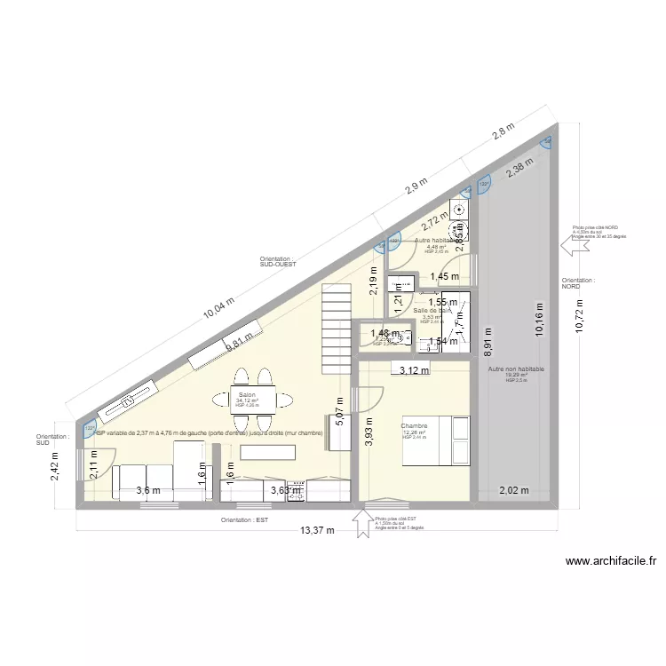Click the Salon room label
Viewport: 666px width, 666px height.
247,394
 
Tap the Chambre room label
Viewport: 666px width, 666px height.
415,426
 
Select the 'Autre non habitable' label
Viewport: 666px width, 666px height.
516,369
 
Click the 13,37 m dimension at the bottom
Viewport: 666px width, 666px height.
317,530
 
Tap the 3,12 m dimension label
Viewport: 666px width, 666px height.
414,371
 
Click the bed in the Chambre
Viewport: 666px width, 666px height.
436,440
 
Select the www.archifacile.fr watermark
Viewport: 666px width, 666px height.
610,561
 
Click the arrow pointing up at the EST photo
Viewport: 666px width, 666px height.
362,522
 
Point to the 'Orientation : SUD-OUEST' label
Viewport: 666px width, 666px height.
276,262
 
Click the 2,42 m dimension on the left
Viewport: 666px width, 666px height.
55,464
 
